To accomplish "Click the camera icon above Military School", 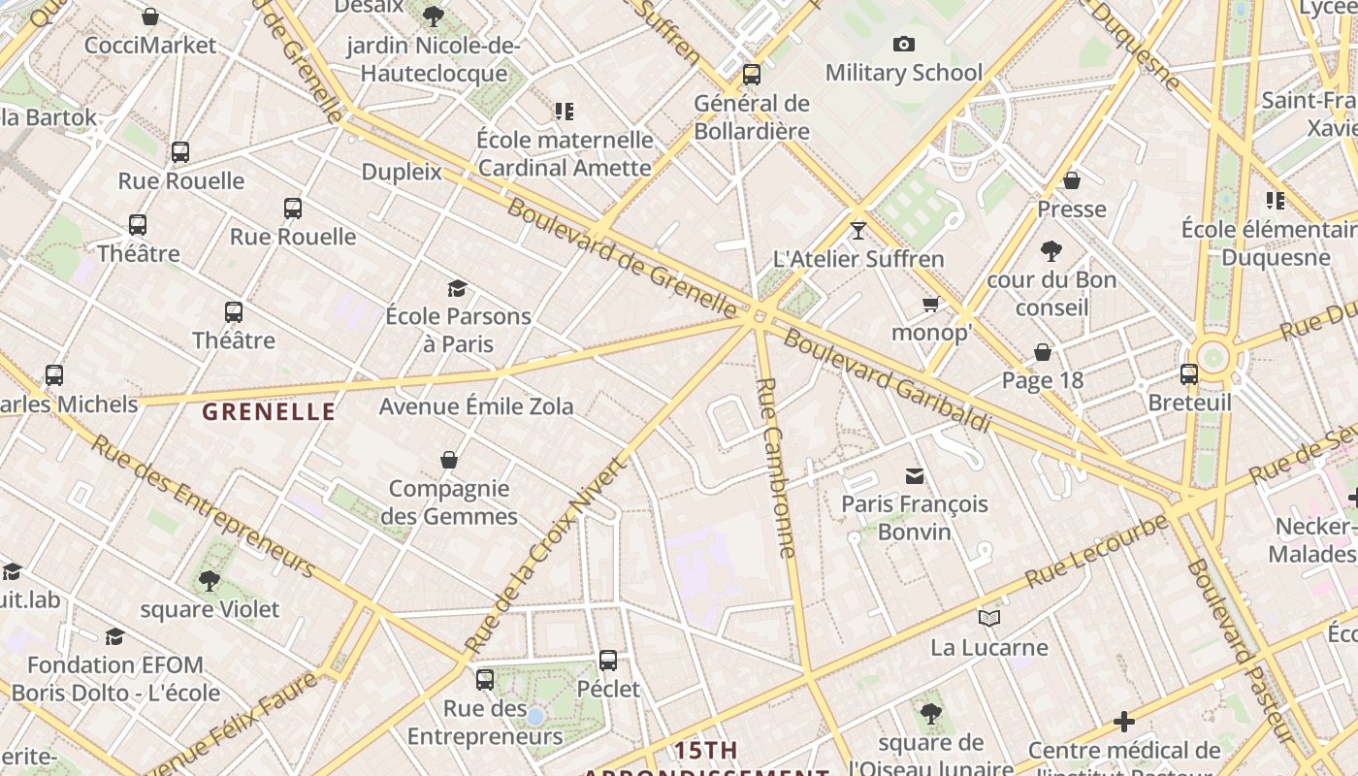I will [x=904, y=44].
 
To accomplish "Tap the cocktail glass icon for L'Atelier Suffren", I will [x=857, y=230].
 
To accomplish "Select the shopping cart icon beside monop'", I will [x=931, y=305].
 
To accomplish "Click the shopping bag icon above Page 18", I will [x=1043, y=351].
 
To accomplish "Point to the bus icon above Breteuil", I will [x=1189, y=373].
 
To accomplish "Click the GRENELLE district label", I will [x=269, y=411].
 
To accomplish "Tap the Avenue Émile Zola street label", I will [x=476, y=405].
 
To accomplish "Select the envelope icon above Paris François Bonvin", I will [x=914, y=475].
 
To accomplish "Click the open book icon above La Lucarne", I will [x=989, y=618].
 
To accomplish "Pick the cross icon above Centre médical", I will [x=1124, y=722].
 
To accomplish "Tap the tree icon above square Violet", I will [x=209, y=580].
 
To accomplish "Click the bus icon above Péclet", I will [x=608, y=661].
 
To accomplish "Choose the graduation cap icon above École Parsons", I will [x=457, y=287].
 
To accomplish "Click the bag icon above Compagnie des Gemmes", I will [x=449, y=459].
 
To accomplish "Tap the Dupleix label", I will [x=402, y=172].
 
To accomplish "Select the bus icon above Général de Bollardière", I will [x=751, y=75].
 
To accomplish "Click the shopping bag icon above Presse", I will [x=1072, y=180].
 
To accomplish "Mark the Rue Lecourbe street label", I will [x=1096, y=551].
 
